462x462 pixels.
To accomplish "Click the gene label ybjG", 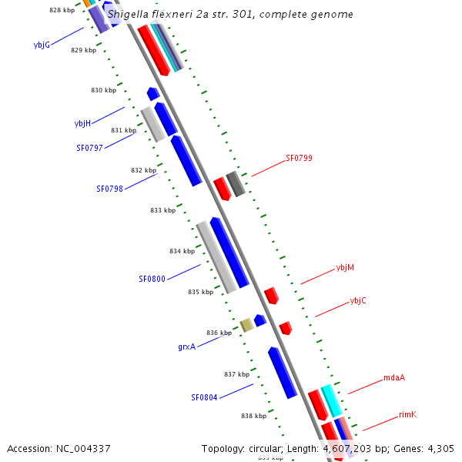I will [42, 45].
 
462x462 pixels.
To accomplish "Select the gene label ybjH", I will [82, 123].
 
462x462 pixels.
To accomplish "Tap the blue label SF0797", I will [89, 148].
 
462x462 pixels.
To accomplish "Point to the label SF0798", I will [109, 189].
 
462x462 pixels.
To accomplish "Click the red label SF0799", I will [299, 158].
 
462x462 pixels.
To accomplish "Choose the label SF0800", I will [152, 279].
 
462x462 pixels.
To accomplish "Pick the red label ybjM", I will [345, 268].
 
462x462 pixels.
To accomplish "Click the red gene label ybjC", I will [358, 300].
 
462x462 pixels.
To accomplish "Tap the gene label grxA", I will [186, 347].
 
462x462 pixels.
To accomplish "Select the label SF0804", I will [204, 398].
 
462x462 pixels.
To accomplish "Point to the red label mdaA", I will [394, 378].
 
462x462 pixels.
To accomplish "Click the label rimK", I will [407, 415].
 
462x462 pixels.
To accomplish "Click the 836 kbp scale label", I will [219, 333].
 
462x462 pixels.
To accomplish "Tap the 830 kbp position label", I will [103, 90].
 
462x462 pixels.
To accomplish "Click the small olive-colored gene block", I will [246, 325].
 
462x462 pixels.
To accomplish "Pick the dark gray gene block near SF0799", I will [236, 184].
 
